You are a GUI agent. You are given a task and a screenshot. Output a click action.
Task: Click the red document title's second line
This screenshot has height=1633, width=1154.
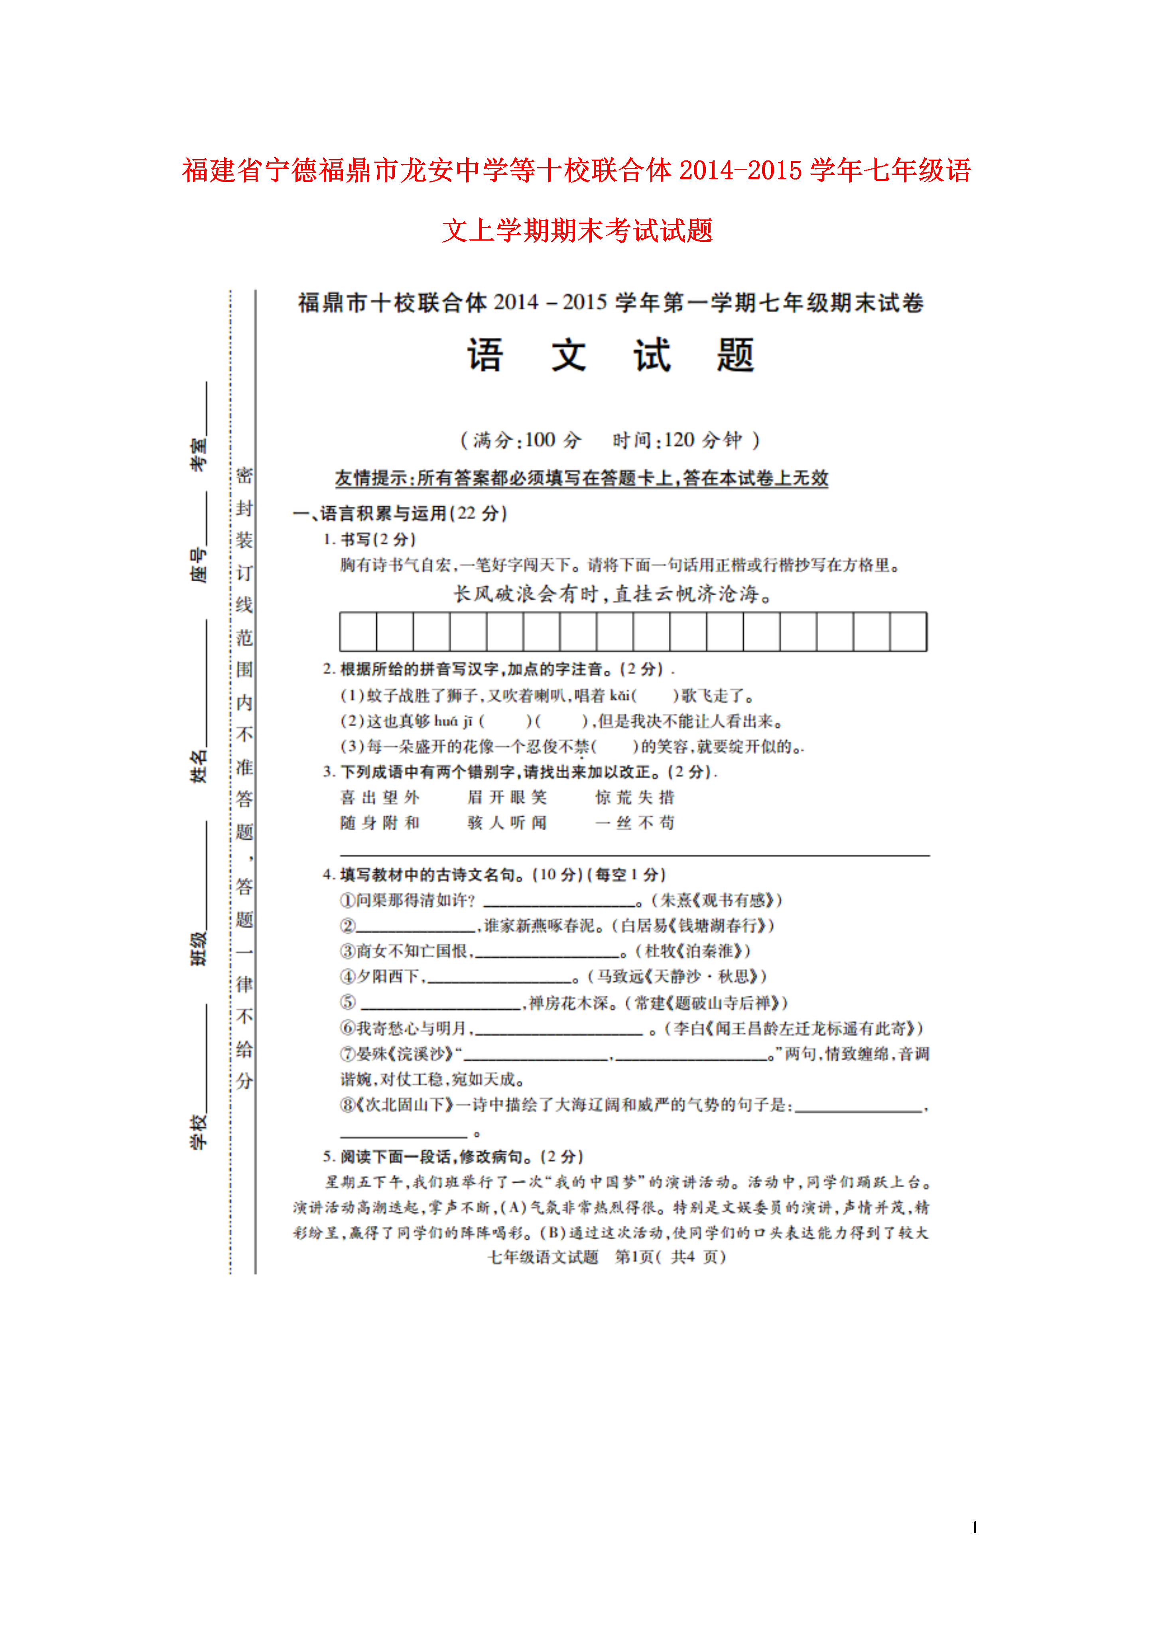click(x=577, y=231)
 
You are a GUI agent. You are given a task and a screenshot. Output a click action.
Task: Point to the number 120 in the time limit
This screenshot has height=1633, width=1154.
click(x=679, y=440)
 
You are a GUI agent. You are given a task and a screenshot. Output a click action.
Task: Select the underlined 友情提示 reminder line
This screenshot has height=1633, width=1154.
click(x=582, y=478)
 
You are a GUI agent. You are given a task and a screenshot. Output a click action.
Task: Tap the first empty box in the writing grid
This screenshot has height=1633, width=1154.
click(x=358, y=632)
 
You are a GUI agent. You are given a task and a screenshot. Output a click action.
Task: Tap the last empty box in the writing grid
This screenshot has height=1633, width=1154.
click(x=908, y=632)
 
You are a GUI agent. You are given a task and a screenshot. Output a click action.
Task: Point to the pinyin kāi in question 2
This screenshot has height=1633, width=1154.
click(x=620, y=695)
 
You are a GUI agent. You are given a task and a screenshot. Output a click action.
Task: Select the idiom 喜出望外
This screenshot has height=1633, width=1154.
click(x=380, y=797)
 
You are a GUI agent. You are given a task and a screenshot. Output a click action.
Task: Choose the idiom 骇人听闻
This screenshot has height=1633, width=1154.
click(x=507, y=823)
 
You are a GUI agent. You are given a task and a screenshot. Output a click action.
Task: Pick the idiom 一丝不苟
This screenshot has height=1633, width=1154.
click(x=635, y=823)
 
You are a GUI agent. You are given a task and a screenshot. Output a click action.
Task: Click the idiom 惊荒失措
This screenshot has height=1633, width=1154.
click(x=635, y=797)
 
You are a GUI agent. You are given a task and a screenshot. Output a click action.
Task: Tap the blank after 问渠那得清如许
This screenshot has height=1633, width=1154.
click(x=559, y=901)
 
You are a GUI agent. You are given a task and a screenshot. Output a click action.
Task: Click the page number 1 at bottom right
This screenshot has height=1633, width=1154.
click(x=975, y=1527)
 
